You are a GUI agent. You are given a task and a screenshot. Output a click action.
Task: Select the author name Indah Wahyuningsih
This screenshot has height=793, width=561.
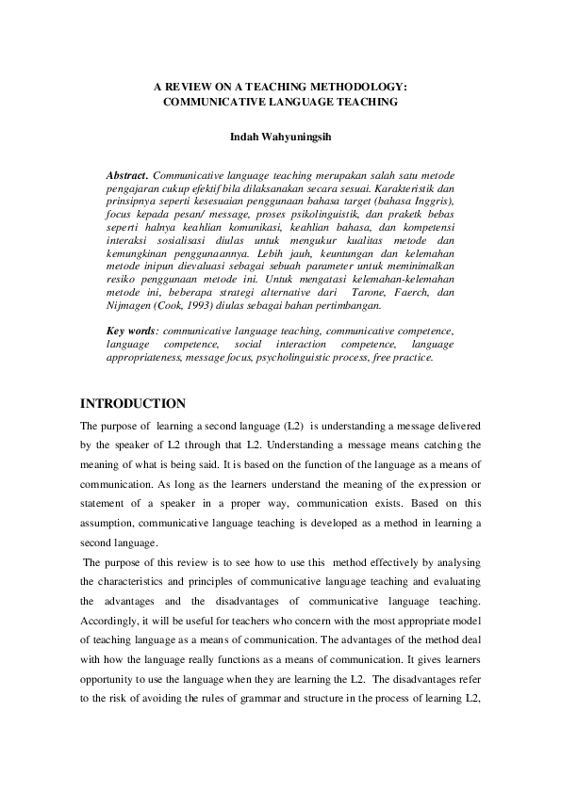[x=280, y=138]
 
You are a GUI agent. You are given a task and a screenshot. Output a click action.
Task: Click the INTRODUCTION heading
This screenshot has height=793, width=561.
[x=133, y=404]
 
